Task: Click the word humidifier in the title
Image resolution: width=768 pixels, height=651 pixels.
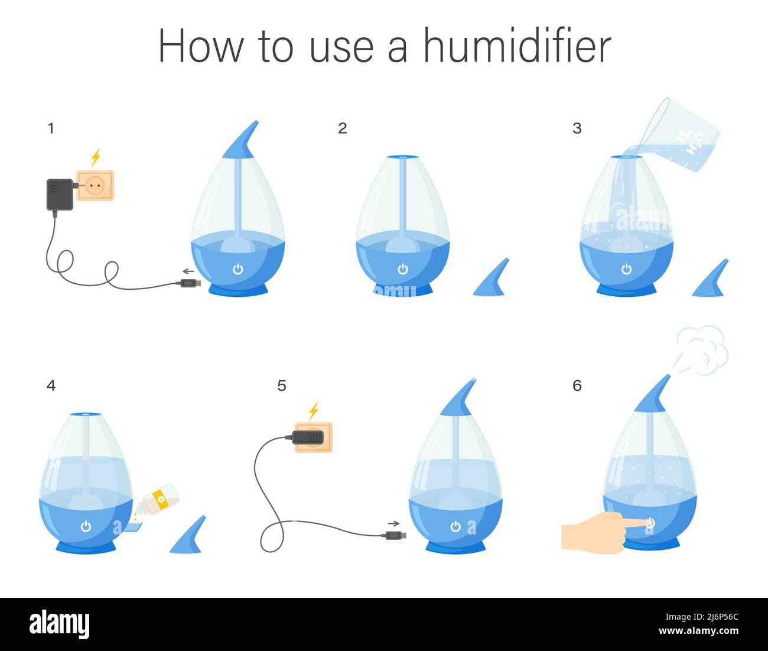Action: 517,46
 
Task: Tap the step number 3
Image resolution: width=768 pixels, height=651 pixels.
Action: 577,128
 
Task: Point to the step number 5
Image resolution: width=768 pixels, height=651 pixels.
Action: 282,386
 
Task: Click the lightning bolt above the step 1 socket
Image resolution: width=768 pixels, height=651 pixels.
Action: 96,157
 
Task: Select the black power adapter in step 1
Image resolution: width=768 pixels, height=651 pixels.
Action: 60,195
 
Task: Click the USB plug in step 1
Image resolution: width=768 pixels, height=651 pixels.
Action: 191,283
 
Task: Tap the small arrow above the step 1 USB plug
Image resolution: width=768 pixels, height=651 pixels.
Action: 188,271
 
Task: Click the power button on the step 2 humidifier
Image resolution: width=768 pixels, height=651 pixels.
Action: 403,269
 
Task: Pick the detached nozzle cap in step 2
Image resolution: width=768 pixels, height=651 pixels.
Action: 490,278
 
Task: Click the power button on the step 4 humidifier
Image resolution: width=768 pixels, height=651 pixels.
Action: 86,526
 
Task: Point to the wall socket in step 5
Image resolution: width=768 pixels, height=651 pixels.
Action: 313,437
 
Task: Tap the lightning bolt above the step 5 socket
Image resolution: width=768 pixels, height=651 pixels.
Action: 314,411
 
